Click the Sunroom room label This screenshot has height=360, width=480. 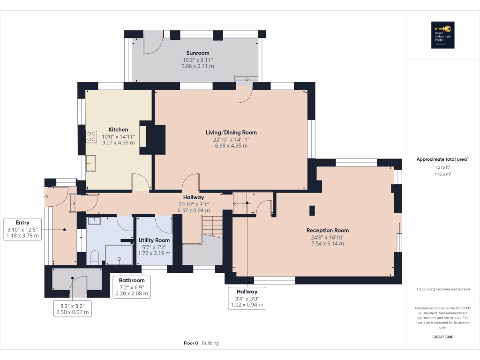coord(197,53)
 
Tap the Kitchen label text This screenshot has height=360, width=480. coord(118,129)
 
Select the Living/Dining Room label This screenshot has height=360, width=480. coord(231,133)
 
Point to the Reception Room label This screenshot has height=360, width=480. coord(327,230)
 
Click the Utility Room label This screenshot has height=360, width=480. coord(154,240)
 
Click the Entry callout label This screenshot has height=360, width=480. coord(22,223)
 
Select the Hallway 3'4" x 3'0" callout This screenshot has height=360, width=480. coord(247,292)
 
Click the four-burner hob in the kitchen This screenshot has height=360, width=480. coord(91,137)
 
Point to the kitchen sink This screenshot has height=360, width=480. coord(91,164)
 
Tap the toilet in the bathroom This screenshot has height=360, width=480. coord(94,257)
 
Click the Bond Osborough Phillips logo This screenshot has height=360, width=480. coord(443,35)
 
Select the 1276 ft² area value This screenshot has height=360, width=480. coord(442,167)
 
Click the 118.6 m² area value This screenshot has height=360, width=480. coord(442,174)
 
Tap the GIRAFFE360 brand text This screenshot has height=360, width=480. coord(442,337)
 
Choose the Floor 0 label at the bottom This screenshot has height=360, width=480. coord(191,343)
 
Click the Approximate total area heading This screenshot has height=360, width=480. coord(442,159)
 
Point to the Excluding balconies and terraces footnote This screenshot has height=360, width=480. coord(442,289)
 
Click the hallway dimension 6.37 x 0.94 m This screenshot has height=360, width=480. coord(194,210)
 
